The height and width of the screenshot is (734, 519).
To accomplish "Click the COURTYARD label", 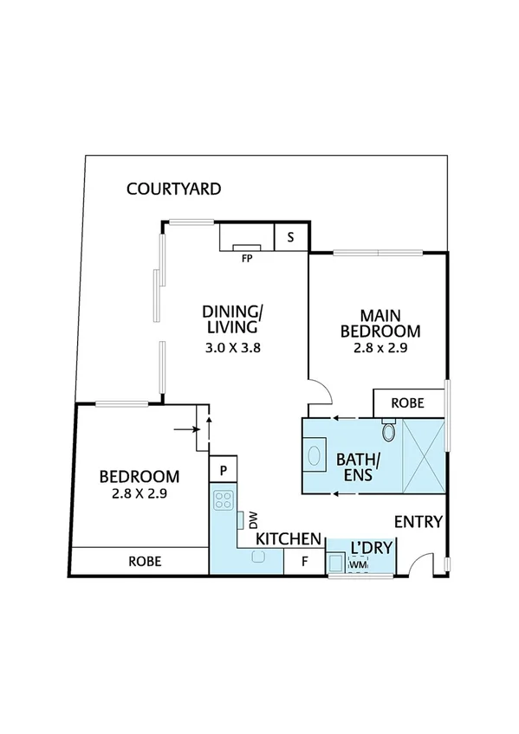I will [x=173, y=189].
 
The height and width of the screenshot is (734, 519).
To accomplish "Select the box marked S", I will [x=289, y=236].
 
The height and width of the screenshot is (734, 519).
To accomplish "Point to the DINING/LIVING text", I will [x=231, y=319].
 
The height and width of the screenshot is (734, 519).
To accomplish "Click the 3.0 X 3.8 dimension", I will [x=231, y=348].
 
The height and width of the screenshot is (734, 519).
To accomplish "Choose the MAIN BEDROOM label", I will [x=380, y=323].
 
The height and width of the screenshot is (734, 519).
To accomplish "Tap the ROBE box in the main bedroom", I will [x=408, y=402].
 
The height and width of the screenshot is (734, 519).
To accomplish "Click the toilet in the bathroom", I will [x=389, y=429].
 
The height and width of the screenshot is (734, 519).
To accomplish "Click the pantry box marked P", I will [x=224, y=470].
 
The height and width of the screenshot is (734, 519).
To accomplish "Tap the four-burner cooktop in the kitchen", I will [x=224, y=499].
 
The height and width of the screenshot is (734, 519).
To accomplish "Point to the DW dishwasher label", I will [x=254, y=520].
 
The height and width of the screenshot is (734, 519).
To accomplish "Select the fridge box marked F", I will [x=304, y=561].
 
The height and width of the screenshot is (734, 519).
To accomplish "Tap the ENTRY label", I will [x=418, y=522].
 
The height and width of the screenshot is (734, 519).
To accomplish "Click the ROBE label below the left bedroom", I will [x=144, y=560].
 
